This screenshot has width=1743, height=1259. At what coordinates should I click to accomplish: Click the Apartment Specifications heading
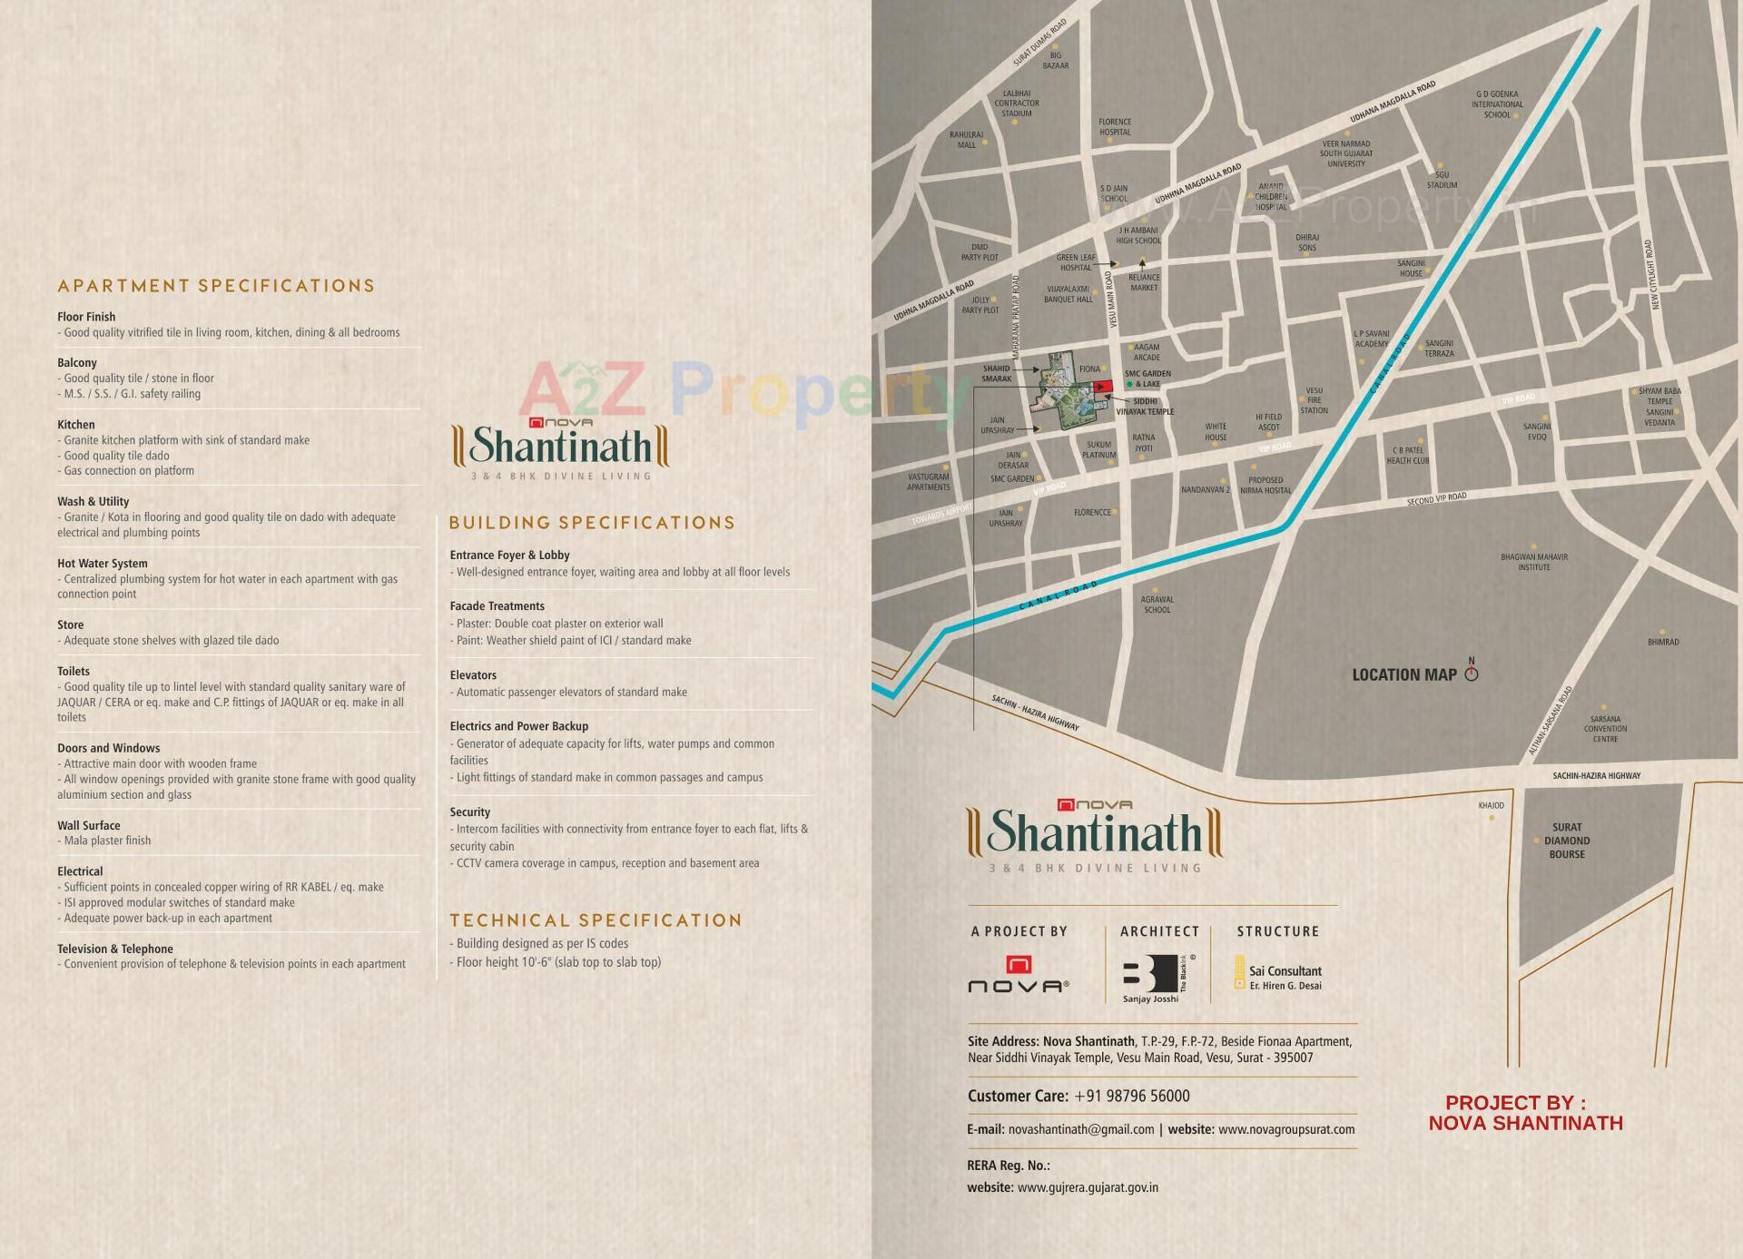(x=216, y=286)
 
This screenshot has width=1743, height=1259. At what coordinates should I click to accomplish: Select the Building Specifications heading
(x=592, y=523)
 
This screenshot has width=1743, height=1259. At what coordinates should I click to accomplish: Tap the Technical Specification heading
(x=596, y=920)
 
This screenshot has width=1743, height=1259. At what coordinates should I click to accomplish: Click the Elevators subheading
(x=473, y=675)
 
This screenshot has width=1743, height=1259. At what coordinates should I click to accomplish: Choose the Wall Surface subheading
(x=88, y=825)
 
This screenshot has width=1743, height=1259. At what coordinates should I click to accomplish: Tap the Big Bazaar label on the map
(x=1055, y=61)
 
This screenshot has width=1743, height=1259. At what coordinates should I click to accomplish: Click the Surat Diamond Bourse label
(x=1567, y=841)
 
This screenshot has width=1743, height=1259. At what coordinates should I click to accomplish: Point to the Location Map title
(x=1403, y=674)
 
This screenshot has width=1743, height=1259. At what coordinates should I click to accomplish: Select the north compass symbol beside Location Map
(x=1472, y=672)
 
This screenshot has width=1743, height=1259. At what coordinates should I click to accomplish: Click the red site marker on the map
(x=1104, y=387)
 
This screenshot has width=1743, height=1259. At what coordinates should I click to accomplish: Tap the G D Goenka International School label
(x=1497, y=104)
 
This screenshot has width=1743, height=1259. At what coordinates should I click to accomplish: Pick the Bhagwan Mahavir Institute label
(x=1534, y=562)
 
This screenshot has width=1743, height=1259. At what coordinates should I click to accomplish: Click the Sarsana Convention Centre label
(x=1605, y=729)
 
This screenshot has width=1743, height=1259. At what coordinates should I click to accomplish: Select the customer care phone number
(x=1131, y=1096)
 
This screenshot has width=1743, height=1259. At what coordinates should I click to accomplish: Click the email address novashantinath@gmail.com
(x=1080, y=1129)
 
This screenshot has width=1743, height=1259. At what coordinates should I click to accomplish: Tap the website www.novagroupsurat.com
(x=1285, y=1129)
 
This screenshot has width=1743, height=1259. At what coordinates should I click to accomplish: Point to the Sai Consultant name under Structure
(x=1285, y=971)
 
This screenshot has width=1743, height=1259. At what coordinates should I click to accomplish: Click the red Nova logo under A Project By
(x=1019, y=965)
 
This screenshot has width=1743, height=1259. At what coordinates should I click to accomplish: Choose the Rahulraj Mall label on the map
(x=966, y=140)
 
